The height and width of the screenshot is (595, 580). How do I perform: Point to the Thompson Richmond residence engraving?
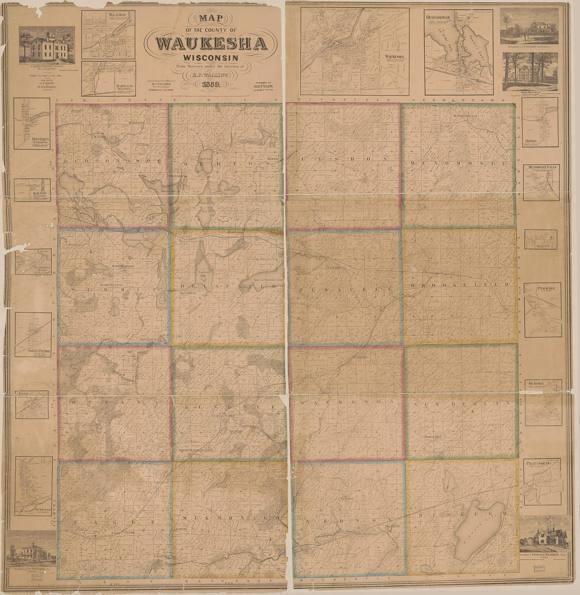tap(545, 535)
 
